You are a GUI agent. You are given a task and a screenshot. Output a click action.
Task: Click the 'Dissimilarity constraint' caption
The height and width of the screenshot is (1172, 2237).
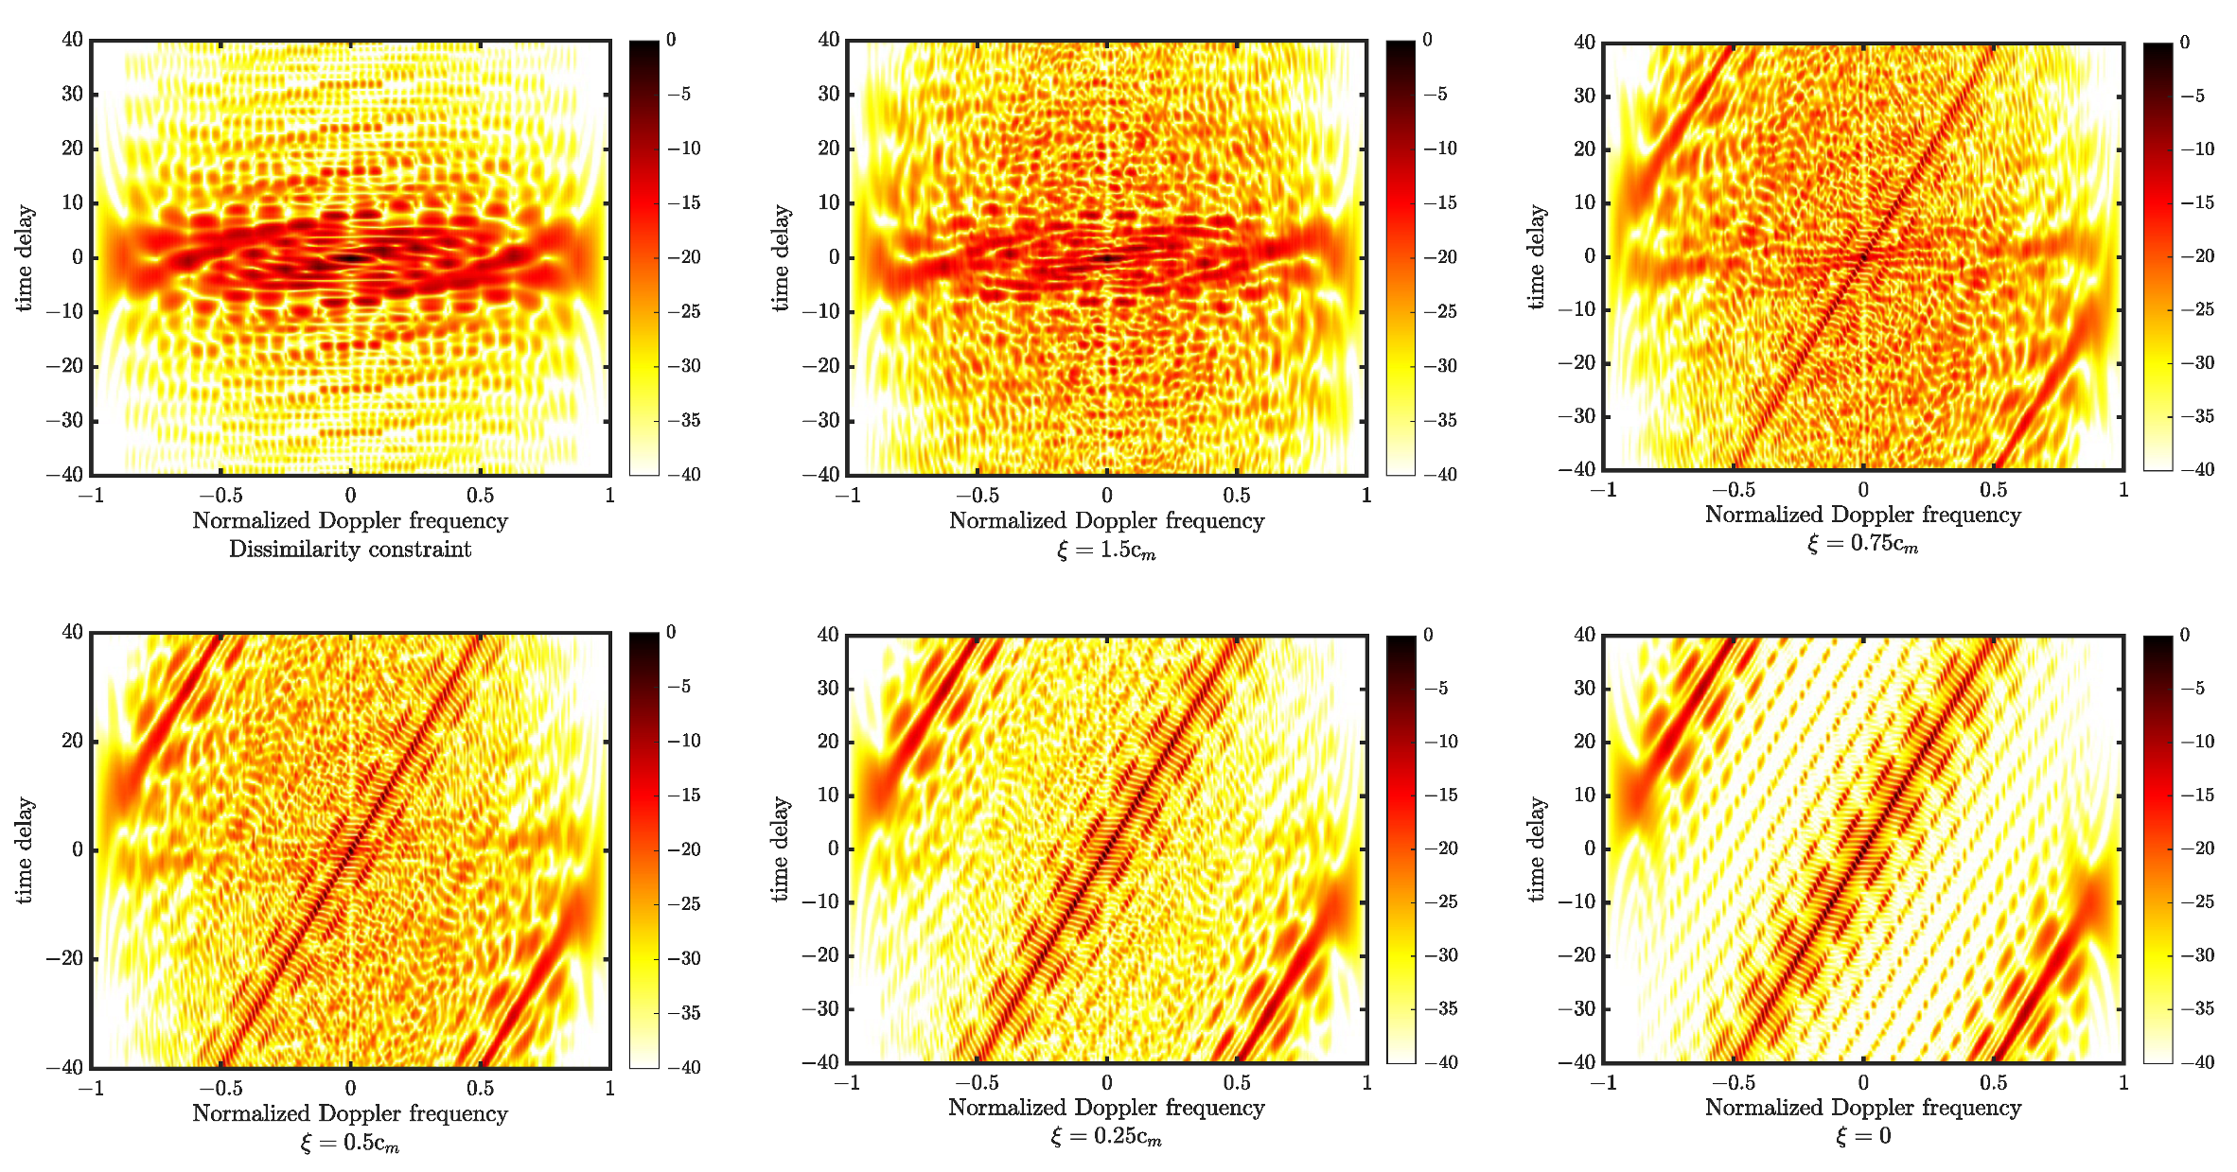click(350, 550)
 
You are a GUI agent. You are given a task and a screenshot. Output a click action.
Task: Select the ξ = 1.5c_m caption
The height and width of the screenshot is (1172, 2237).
click(1106, 551)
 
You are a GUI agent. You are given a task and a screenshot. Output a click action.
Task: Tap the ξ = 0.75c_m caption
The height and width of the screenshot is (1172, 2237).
click(1862, 544)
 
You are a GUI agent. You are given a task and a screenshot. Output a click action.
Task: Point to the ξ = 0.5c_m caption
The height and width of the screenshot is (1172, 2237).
click(350, 1143)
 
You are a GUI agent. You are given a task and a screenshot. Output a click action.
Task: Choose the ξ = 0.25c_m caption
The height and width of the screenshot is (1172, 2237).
click(1106, 1136)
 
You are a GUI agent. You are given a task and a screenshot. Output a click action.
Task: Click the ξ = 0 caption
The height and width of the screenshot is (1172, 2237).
click(1863, 1136)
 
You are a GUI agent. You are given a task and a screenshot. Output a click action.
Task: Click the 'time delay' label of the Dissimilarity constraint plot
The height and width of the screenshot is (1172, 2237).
click(25, 257)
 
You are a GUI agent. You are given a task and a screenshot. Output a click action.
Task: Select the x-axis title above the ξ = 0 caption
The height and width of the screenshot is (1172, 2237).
click(1862, 1108)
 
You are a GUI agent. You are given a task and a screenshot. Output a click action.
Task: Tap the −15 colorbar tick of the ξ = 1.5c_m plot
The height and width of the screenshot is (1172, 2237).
click(1440, 202)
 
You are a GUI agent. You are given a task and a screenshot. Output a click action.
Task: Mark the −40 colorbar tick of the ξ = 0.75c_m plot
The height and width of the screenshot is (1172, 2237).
click(2197, 469)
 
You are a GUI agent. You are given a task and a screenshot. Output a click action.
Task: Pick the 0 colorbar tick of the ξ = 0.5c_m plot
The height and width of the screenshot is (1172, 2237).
click(671, 632)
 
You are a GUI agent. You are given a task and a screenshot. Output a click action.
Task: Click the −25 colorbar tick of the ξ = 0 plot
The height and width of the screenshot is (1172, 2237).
click(2197, 901)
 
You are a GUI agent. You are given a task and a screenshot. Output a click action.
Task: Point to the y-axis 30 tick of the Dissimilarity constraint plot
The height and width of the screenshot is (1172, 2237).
click(72, 94)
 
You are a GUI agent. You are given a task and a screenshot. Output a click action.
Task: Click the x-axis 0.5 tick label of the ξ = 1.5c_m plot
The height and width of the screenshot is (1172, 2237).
click(1236, 495)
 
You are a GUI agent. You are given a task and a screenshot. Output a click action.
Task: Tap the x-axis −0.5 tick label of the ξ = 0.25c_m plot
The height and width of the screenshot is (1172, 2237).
click(977, 1082)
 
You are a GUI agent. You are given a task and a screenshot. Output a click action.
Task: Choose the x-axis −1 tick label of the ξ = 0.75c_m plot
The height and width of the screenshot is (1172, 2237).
click(1603, 490)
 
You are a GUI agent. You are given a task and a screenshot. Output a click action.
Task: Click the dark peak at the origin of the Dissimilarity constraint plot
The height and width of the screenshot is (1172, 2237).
click(351, 257)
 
